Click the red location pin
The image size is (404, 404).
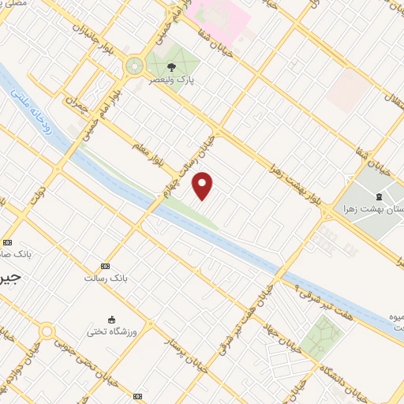pos(203,185)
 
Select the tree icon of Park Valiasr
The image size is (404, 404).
pos(171,67)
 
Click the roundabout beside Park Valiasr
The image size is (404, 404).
pos(135,67)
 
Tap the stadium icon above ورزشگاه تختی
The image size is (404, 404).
pos(112,319)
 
